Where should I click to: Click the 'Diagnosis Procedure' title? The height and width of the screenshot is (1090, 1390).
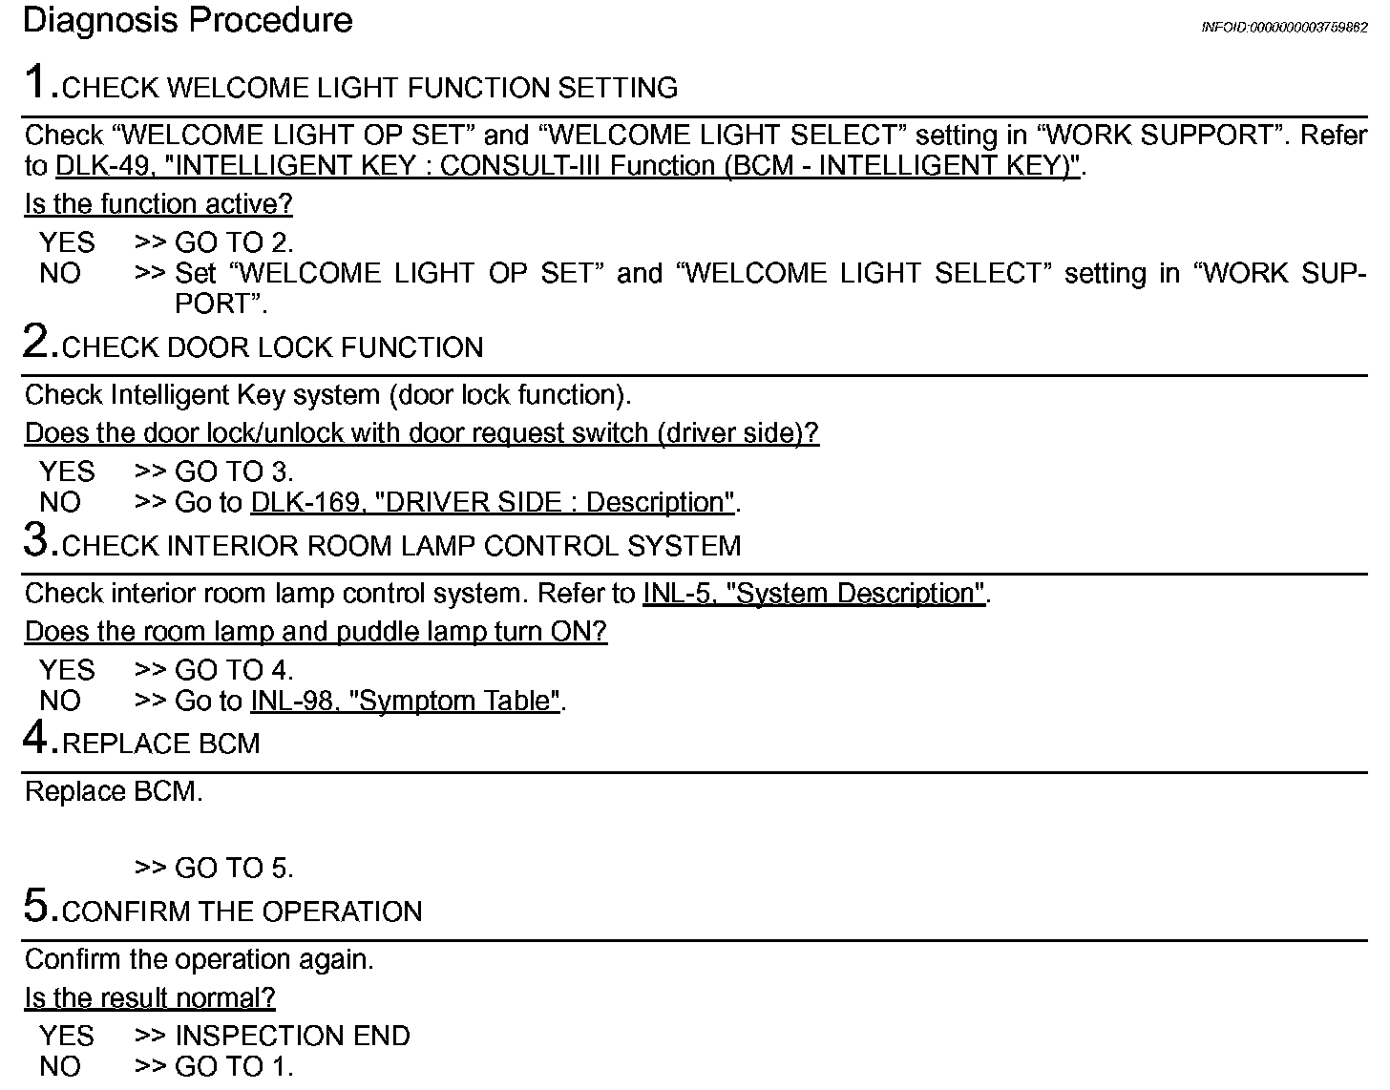[x=187, y=20]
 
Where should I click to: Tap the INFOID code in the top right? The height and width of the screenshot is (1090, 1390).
[x=1283, y=28]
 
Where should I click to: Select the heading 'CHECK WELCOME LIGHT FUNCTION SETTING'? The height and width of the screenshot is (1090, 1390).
[x=369, y=89]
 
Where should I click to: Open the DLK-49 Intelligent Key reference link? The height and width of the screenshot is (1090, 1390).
[x=567, y=166]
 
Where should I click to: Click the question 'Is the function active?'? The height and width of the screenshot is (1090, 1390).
[x=158, y=204]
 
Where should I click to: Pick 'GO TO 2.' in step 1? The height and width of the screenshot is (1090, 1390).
[x=234, y=243]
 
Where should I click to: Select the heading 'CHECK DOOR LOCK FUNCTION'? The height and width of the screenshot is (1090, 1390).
[x=272, y=348]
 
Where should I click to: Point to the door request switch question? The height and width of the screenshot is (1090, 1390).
[x=421, y=433]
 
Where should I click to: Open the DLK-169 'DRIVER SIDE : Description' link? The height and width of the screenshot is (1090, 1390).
[x=493, y=503]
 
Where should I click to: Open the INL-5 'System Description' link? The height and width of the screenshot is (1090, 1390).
[x=813, y=594]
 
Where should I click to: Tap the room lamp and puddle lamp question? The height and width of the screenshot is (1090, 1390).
[x=315, y=632]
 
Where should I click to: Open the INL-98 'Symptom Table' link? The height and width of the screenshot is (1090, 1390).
[x=405, y=702]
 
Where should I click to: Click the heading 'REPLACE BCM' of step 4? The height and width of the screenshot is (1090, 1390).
[x=160, y=744]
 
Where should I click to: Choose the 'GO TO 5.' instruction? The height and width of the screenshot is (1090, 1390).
[x=234, y=869]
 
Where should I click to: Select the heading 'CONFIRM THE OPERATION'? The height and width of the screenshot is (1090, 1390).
[x=242, y=912]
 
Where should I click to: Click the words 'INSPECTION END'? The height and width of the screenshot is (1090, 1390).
[x=292, y=1037]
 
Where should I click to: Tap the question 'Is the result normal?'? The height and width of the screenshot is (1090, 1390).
[x=150, y=998]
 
